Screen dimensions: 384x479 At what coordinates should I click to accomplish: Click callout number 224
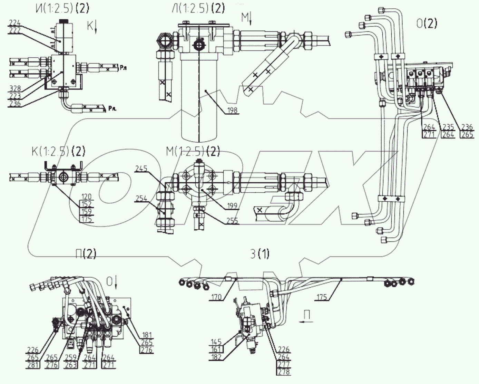(x=15, y=23)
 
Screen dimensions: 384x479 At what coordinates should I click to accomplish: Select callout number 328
(x=15, y=89)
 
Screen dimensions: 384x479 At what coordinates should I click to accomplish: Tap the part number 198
(x=232, y=110)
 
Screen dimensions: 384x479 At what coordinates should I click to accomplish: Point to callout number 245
(x=141, y=169)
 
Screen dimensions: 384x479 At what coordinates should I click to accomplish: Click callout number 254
(x=141, y=199)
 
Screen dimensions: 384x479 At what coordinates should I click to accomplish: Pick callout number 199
(x=232, y=206)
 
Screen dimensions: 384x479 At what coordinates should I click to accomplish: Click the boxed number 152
(x=87, y=204)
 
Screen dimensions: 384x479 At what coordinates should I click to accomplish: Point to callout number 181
(x=147, y=335)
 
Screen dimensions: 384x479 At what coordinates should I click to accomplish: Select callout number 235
(x=448, y=127)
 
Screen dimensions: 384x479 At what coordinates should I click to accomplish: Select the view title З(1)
(x=260, y=254)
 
